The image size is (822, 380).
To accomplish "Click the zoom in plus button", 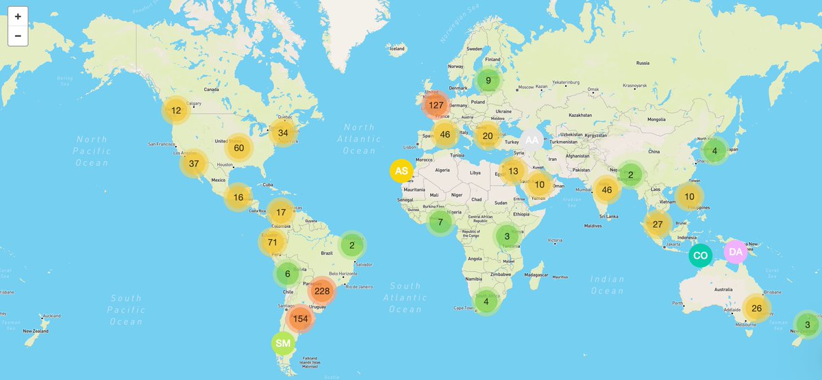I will [x=18, y=16].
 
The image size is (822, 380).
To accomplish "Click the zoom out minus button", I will [x=18, y=36].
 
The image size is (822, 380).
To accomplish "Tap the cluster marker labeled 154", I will [x=300, y=318].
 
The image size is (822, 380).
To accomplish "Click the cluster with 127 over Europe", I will [x=436, y=105].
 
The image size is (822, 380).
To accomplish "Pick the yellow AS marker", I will [x=402, y=170].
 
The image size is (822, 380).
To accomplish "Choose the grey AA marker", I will [x=532, y=140].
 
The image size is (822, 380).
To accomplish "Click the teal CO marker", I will [x=700, y=256].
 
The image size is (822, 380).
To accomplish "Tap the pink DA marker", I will [x=736, y=252].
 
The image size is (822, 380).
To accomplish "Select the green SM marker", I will [x=283, y=343].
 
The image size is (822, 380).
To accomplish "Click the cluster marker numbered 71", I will [x=272, y=242].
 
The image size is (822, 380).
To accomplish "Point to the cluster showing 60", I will [x=239, y=148].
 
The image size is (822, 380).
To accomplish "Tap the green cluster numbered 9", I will [x=488, y=80].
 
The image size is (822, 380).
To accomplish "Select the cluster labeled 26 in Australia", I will [x=756, y=308].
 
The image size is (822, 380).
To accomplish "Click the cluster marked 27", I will [x=658, y=224].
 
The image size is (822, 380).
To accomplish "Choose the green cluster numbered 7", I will [x=440, y=222].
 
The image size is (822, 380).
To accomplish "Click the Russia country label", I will [x=643, y=63].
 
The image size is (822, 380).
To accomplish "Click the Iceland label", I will [x=397, y=49].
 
